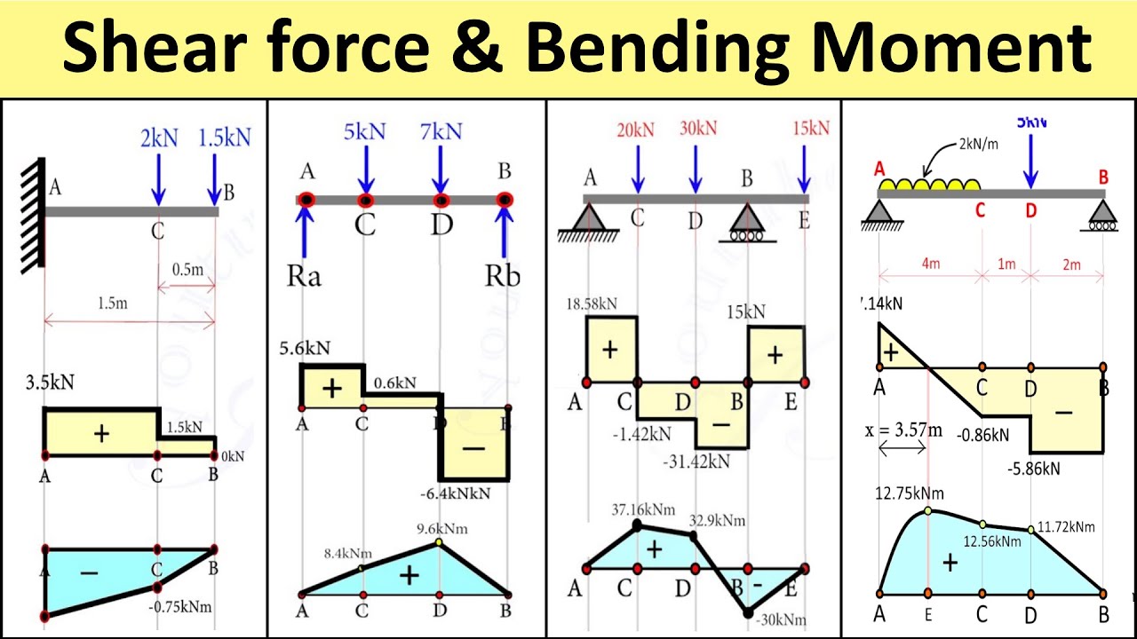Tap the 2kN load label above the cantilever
pyautogui.click(x=159, y=138)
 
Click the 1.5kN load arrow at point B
pyautogui.click(x=214, y=178)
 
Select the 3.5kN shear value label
pyautogui.click(x=51, y=383)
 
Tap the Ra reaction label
pyautogui.click(x=303, y=276)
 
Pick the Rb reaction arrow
pyautogui.click(x=505, y=235)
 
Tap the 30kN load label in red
pyautogui.click(x=697, y=128)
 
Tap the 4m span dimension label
pyautogui.click(x=929, y=264)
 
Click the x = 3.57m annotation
pyautogui.click(x=902, y=430)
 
